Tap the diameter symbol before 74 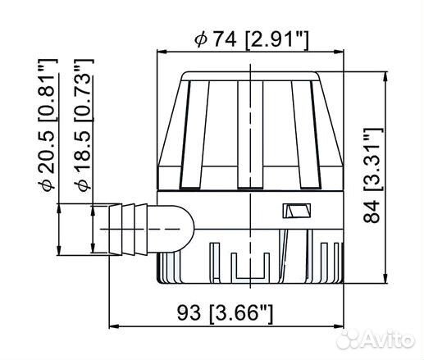coord(198,39)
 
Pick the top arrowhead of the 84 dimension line coord(386,75)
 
